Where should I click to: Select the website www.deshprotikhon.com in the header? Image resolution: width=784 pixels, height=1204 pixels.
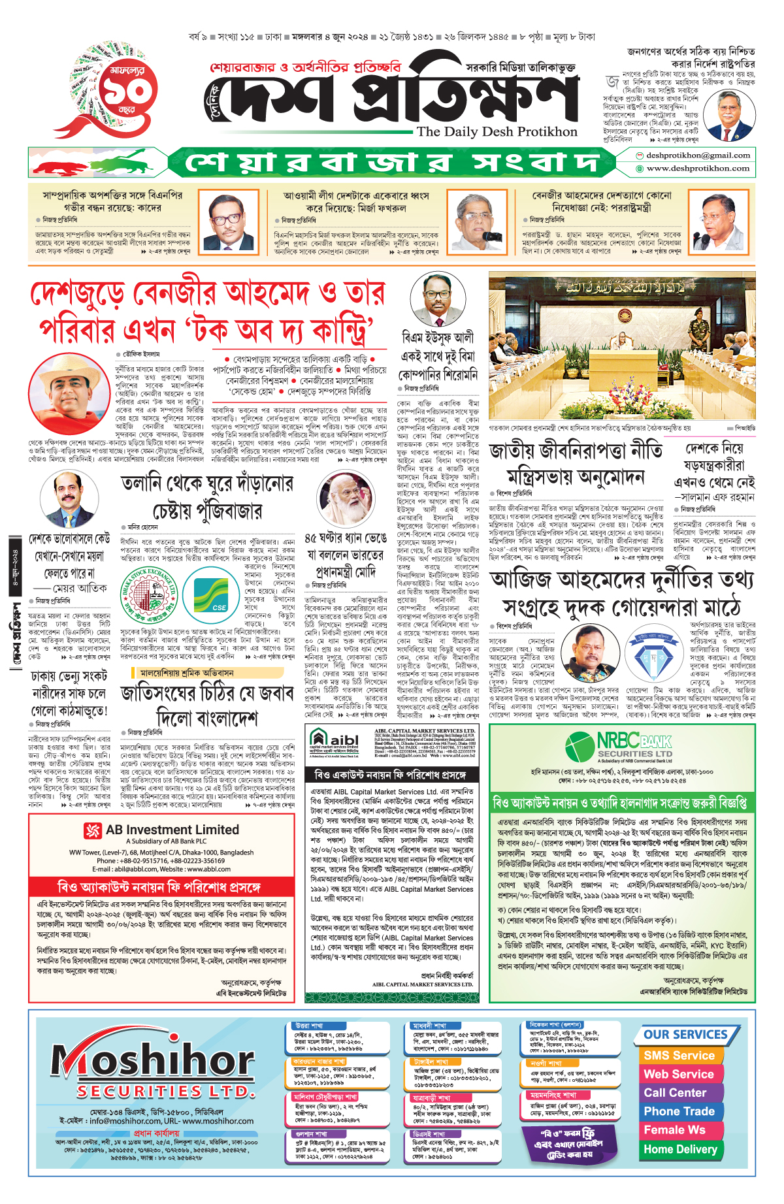tap(697, 169)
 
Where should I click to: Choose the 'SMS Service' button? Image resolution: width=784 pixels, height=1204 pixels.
tap(679, 1055)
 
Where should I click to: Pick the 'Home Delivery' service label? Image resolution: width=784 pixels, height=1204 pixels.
tap(679, 1149)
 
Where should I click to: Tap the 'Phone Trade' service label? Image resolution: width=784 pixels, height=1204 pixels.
tap(679, 1111)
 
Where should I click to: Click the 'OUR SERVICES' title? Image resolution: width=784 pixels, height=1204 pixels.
tap(685, 1035)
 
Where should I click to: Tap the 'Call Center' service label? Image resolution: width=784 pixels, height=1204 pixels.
tap(674, 1092)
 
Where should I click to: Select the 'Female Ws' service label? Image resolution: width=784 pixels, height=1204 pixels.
tap(674, 1130)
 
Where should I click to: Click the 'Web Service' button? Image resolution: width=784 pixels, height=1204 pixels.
tap(678, 1074)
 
